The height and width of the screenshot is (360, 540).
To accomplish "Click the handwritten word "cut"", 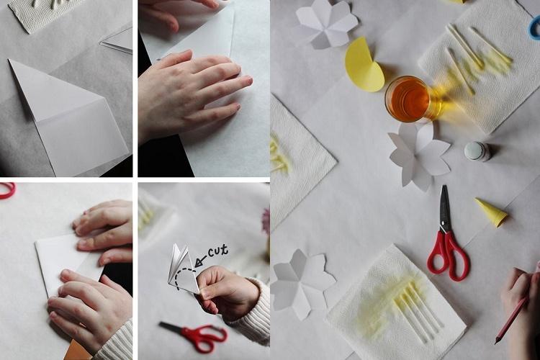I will click(x=217, y=251).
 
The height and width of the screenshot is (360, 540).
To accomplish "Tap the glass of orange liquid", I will click(x=407, y=99).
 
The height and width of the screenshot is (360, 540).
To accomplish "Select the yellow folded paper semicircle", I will click(x=363, y=66).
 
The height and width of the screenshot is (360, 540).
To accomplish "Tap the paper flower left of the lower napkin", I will click(x=301, y=283).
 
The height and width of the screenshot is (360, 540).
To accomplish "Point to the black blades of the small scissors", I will click(x=173, y=328).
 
